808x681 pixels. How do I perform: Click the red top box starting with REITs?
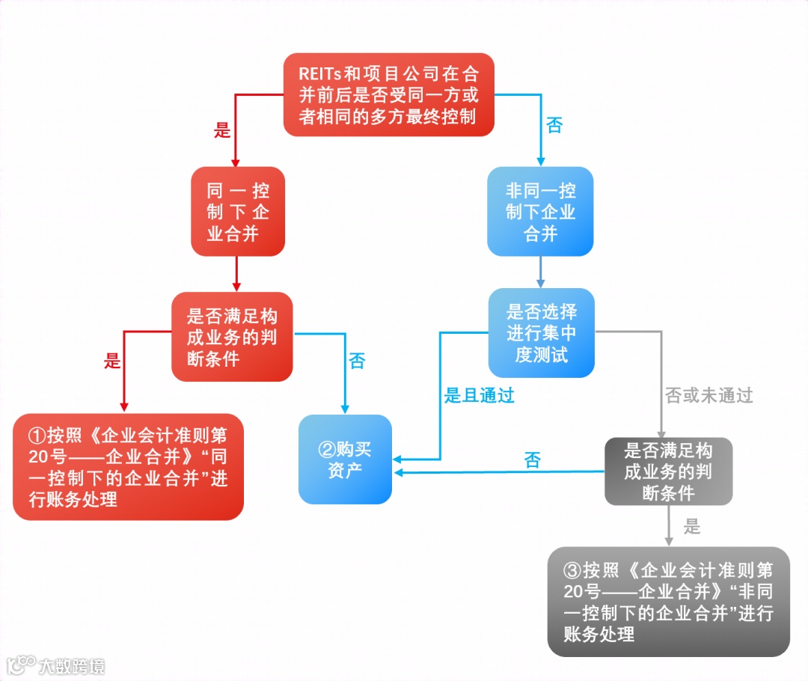[x=388, y=95]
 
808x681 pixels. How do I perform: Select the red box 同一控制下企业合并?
[x=237, y=212]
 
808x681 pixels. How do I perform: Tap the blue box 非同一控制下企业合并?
[x=540, y=212]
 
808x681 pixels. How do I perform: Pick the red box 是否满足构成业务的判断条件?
[x=231, y=337]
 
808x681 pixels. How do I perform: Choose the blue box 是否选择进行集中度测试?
[x=541, y=333]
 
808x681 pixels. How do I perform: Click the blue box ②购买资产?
[x=345, y=459]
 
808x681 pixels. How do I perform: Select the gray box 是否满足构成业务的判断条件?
[x=668, y=471]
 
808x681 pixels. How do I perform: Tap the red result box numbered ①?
[x=128, y=467]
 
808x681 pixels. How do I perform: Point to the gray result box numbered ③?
[x=668, y=602]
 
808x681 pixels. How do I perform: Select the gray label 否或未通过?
[x=708, y=396]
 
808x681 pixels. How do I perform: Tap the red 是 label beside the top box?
[x=222, y=130]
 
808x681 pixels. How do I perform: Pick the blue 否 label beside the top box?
[x=554, y=125]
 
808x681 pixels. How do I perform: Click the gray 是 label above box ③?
[x=692, y=527]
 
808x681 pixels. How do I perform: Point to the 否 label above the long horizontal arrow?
[x=532, y=460]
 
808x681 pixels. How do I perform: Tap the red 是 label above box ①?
[x=112, y=361]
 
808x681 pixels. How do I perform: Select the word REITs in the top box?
[x=320, y=74]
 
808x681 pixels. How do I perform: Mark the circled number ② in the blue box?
[x=326, y=449]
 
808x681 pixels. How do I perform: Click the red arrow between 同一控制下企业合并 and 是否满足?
[x=237, y=273]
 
